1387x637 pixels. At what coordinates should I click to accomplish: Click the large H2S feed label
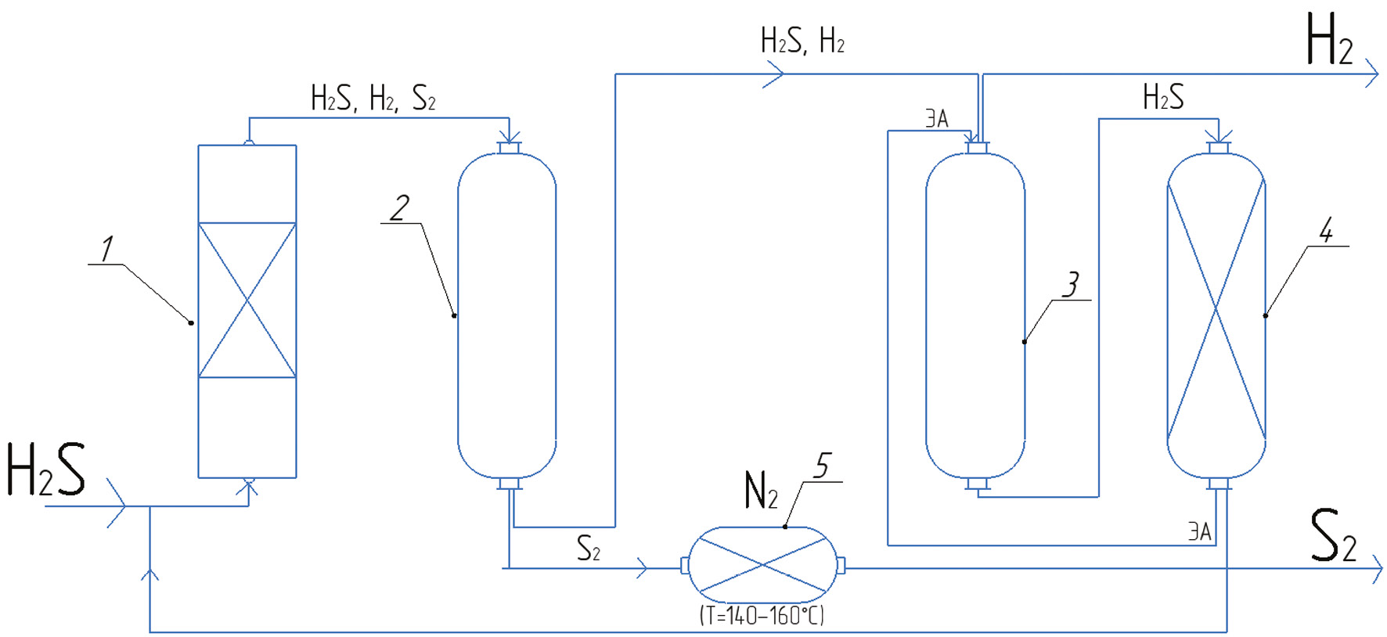click(x=45, y=470)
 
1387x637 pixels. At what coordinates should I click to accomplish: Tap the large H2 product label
click(x=1329, y=41)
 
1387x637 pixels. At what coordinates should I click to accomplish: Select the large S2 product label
click(x=1332, y=536)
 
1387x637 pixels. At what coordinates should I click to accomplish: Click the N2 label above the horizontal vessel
click(x=760, y=491)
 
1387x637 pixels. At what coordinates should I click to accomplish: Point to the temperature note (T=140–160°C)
click(x=762, y=616)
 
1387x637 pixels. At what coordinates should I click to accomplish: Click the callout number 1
click(x=106, y=249)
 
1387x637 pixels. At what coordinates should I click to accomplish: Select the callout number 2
click(x=400, y=208)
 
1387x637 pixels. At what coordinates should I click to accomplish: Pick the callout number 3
click(x=1071, y=284)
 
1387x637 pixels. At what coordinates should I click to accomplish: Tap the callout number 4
click(x=1326, y=230)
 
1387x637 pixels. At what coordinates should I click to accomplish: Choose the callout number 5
click(x=821, y=466)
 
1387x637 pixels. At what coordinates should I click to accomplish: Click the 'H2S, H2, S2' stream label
click(x=373, y=99)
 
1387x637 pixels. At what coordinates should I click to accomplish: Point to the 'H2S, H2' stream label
click(x=802, y=41)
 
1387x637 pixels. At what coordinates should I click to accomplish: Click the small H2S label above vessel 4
click(x=1163, y=98)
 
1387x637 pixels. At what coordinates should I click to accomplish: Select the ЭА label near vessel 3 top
click(x=937, y=119)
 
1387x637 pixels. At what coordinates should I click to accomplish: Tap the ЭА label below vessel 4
click(x=1199, y=532)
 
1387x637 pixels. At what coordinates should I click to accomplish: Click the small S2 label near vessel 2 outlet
click(x=588, y=549)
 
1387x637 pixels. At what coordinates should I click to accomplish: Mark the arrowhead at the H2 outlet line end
click(x=1372, y=74)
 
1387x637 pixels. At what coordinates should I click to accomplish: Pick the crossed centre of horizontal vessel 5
click(x=762, y=565)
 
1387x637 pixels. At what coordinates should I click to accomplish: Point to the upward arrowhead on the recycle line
click(x=150, y=574)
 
